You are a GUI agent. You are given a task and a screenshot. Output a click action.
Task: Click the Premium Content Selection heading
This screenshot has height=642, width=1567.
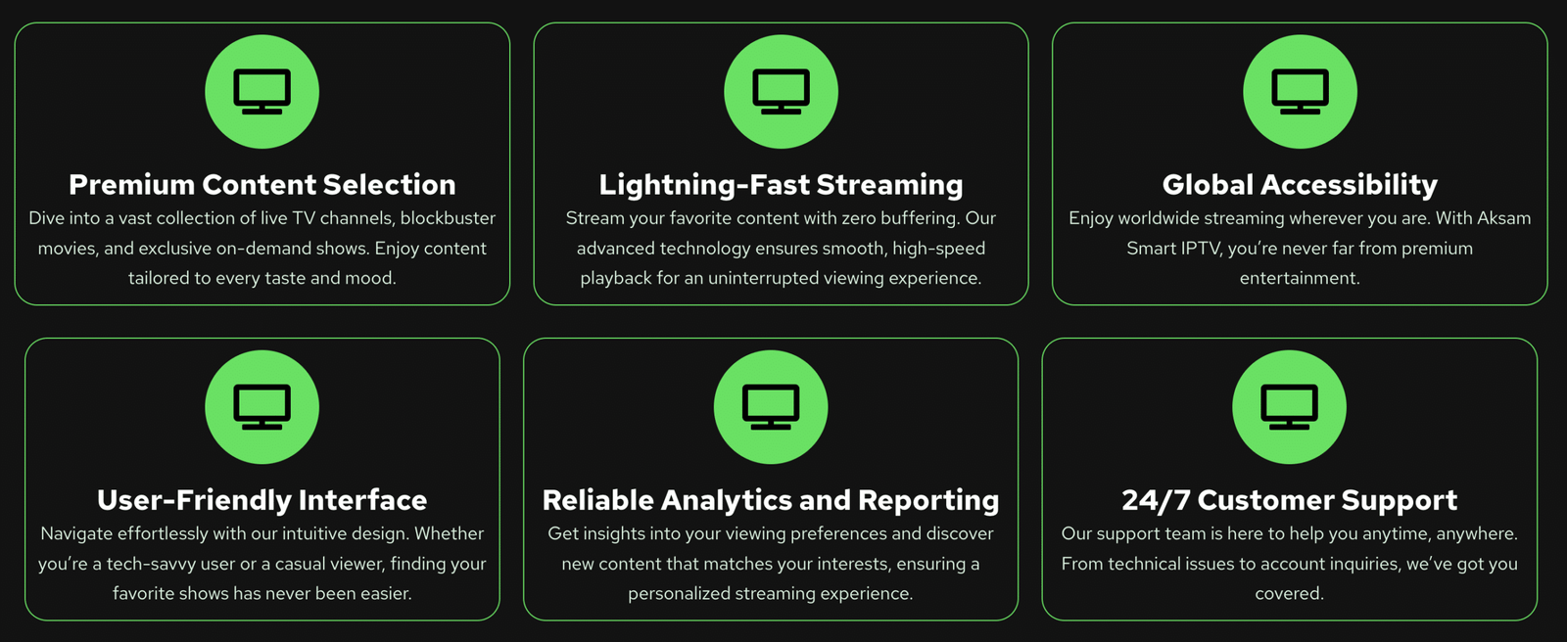pyautogui.click(x=262, y=185)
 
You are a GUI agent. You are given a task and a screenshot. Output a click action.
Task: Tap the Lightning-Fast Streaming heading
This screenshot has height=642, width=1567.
pyautogui.click(x=781, y=186)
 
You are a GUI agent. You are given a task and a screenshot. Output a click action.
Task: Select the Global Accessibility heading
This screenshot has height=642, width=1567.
pyautogui.click(x=1300, y=186)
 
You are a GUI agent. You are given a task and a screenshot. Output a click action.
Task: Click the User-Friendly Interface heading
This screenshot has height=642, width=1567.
pyautogui.click(x=262, y=501)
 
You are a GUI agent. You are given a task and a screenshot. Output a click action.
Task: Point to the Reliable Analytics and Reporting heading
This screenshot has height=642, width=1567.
pyautogui.click(x=771, y=501)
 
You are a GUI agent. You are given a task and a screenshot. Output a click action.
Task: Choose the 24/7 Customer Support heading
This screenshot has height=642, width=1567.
pyautogui.click(x=1289, y=501)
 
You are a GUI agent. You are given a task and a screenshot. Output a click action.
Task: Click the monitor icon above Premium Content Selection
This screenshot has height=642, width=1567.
pyautogui.click(x=262, y=92)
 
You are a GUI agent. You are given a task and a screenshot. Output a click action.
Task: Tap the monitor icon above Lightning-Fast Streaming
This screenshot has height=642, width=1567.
pyautogui.click(x=781, y=92)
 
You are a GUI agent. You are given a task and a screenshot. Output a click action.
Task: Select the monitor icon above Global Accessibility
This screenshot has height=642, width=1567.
pyautogui.click(x=1300, y=92)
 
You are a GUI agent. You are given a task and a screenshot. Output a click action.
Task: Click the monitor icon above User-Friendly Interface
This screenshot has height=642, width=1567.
pyautogui.click(x=262, y=407)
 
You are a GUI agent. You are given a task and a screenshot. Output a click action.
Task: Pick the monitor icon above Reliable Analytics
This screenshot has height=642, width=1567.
pyautogui.click(x=771, y=407)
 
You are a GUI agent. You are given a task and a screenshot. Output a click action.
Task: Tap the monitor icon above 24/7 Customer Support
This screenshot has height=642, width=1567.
pyautogui.click(x=1289, y=407)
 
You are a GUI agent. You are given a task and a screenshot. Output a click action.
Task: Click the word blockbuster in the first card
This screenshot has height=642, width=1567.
pyautogui.click(x=448, y=218)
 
